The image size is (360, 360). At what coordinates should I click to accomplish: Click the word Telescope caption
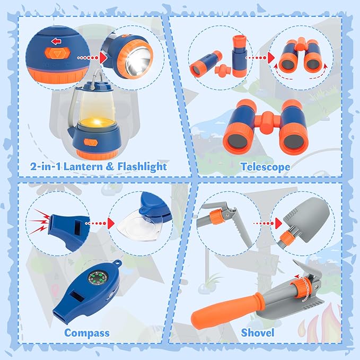(x=265, y=166)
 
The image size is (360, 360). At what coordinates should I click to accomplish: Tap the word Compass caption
(x=87, y=333)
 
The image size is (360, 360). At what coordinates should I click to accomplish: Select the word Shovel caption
(x=258, y=333)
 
